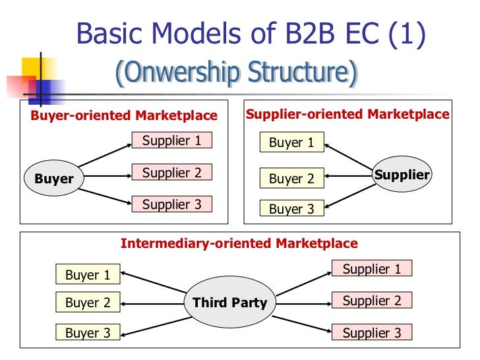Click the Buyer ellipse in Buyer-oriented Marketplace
54,179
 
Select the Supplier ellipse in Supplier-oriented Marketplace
402,175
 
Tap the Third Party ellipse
229,303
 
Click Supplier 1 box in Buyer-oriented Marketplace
171,140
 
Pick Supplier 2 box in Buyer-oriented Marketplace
171,173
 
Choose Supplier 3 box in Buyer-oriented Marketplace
171,204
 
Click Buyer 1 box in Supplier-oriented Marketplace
291,143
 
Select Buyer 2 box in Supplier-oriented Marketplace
291,179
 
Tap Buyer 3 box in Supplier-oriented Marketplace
291,209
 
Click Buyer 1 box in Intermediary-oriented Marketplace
88,275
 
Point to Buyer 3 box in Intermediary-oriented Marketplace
88,333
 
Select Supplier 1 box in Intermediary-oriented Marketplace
371,269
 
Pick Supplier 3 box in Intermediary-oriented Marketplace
371,333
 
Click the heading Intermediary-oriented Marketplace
239,243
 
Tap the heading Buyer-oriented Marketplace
124,116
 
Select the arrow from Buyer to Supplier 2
105,176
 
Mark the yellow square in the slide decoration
34,69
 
